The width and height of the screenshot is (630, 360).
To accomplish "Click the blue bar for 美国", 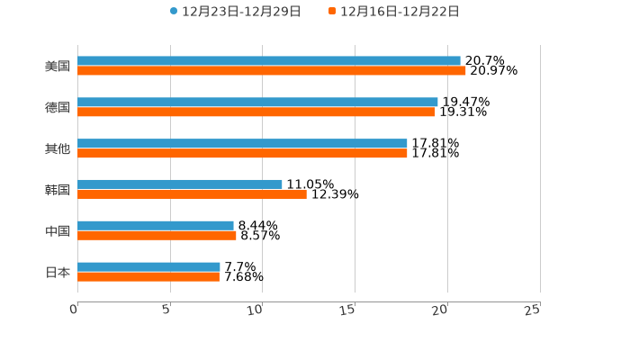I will [268, 61].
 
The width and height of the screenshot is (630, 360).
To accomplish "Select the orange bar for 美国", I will [271, 71].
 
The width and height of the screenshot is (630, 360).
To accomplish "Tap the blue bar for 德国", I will [257, 103].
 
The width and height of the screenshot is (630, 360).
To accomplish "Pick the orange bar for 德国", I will [256, 112].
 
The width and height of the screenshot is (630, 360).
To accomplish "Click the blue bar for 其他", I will [242, 144].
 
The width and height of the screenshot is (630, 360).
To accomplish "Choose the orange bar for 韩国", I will [192, 194].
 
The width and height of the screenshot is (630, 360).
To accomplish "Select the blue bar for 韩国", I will [180, 184].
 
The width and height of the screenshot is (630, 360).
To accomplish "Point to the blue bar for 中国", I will [156, 226].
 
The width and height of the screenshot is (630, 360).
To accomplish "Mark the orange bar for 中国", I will [157, 236].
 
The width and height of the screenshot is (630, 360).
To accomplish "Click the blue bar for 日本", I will [148, 267].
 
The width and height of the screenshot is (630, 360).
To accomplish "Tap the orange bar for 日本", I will [148, 277].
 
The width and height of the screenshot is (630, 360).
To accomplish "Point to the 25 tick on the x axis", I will [533, 310].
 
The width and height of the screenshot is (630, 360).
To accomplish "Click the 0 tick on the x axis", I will [75, 310].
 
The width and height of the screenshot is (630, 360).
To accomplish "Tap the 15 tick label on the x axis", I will [348, 310].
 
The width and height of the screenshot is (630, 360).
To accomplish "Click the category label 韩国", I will [58, 190].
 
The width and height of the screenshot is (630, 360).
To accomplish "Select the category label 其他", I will [58, 148].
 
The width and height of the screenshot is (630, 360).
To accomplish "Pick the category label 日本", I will [58, 273].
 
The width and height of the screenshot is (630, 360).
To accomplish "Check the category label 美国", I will [58, 66].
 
